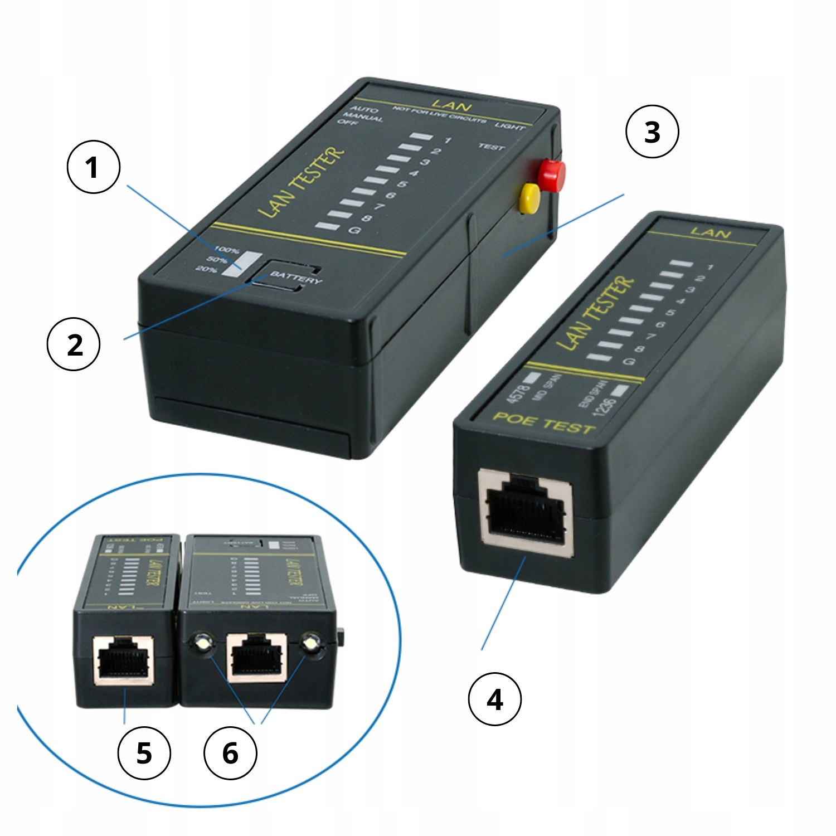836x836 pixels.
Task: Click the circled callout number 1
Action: coord(93,167)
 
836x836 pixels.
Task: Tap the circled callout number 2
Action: coord(74,344)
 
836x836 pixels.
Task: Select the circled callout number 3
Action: coord(652,132)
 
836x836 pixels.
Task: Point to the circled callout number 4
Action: coord(495,699)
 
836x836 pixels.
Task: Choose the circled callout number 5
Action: coord(144,753)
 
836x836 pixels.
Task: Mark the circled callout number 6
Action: coord(230,753)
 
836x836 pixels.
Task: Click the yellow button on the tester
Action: coord(528,198)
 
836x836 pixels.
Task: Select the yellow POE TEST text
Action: coord(543,424)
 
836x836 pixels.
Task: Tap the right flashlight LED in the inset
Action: coord(310,644)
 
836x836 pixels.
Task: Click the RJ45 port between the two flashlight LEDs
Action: coord(256,658)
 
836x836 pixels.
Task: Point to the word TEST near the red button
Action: coord(491,147)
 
